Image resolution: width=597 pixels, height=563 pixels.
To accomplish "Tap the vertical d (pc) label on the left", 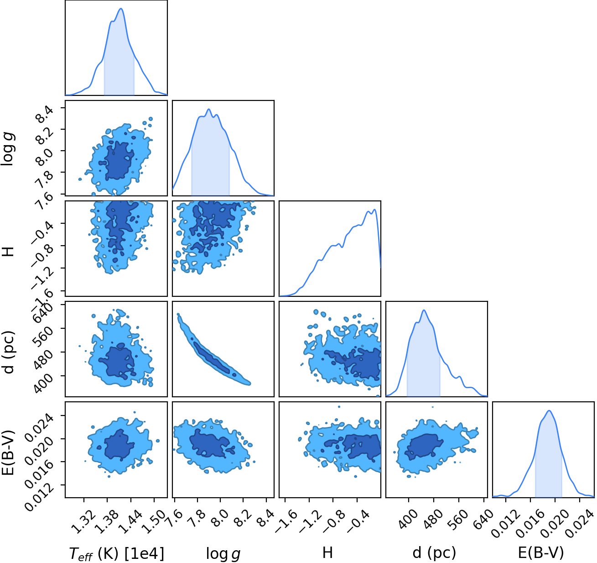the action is (x=9, y=352).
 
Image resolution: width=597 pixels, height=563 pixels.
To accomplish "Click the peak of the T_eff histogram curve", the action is (x=121, y=8).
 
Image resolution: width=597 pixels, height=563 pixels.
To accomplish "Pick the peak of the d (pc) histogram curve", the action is (x=424, y=310).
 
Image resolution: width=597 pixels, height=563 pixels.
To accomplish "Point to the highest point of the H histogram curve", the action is (x=374, y=210).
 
